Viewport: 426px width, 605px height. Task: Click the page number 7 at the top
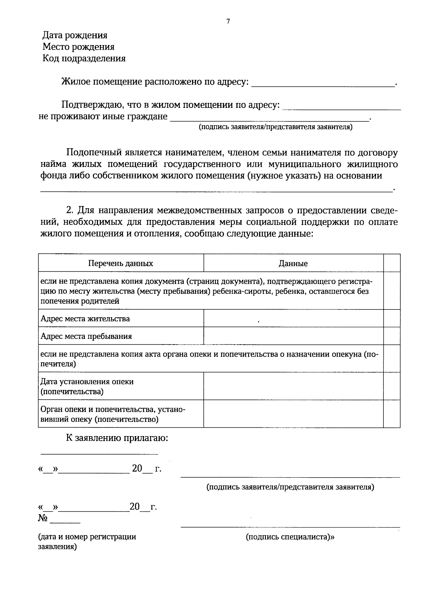point(228,22)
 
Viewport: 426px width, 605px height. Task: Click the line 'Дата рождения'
point(75,35)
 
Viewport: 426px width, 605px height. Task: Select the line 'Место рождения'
point(78,47)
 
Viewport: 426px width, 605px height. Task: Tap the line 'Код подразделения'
point(84,58)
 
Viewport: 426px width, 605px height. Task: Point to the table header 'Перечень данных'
point(121,264)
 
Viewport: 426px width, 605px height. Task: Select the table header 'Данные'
point(293,264)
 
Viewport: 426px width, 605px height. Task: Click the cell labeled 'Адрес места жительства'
point(85,319)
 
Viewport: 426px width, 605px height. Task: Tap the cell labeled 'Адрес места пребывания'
point(86,336)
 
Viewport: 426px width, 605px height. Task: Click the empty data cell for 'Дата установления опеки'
point(293,386)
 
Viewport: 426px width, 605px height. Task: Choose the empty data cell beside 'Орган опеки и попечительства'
point(293,414)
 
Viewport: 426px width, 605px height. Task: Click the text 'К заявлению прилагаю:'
point(117,438)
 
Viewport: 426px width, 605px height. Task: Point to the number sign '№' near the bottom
point(43,518)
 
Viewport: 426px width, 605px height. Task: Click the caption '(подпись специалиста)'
point(290,537)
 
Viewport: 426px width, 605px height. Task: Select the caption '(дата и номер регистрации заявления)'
point(87,541)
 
